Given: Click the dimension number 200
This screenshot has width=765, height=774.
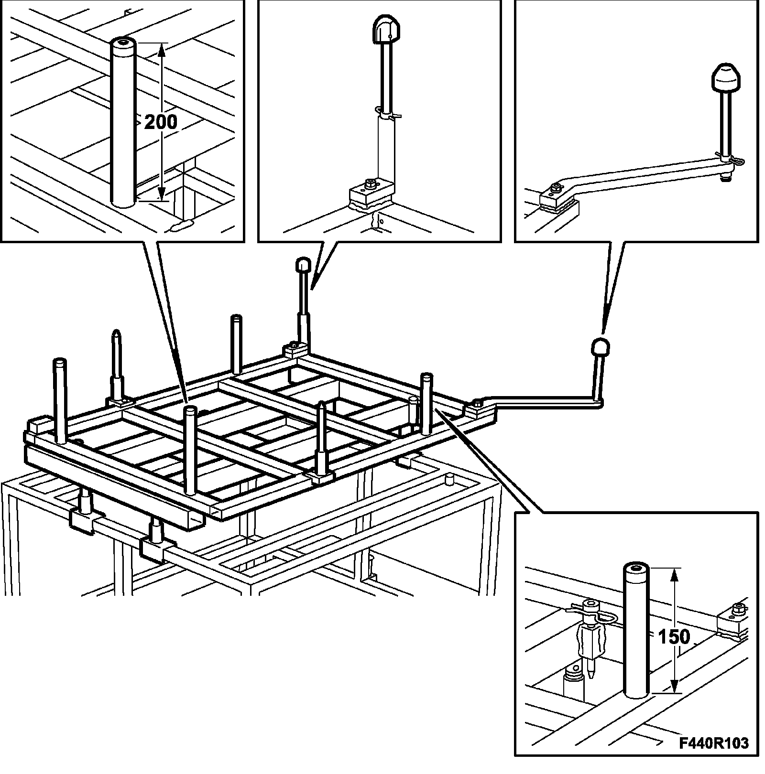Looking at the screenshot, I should [x=160, y=122].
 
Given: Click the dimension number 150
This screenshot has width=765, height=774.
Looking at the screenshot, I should [x=674, y=637].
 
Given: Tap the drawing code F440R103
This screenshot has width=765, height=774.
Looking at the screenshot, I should [x=714, y=743].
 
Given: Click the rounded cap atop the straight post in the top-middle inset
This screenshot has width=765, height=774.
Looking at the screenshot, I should [x=386, y=32].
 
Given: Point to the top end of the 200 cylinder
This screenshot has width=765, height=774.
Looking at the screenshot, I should [x=124, y=44].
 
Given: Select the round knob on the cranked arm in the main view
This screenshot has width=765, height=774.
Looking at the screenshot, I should [x=600, y=346].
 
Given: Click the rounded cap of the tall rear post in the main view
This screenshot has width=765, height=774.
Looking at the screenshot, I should [x=303, y=264].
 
